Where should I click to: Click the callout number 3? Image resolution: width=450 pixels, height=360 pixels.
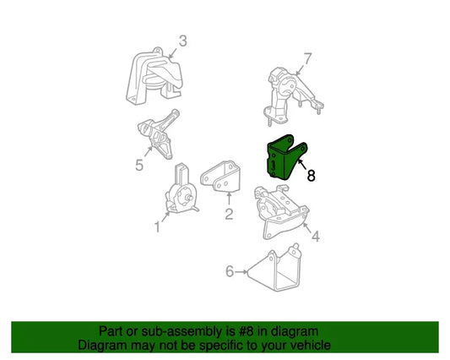[183, 41]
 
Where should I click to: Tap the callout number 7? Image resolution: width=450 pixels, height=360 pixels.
[307, 59]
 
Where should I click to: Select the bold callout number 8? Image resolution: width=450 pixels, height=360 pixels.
[311, 176]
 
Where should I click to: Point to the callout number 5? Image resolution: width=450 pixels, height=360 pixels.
[139, 165]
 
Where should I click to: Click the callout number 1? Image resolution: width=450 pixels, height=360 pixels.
[157, 226]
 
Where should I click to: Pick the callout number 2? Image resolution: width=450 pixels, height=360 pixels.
[229, 214]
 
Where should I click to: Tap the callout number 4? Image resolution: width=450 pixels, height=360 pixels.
[316, 237]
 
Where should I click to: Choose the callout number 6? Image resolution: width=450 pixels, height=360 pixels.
[230, 271]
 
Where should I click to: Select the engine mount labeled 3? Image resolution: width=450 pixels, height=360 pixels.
[154, 76]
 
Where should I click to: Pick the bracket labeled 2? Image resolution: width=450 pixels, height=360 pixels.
[220, 177]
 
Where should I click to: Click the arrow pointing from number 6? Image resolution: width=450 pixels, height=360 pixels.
[241, 271]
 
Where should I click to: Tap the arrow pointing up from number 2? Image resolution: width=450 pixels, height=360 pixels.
[229, 199]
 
